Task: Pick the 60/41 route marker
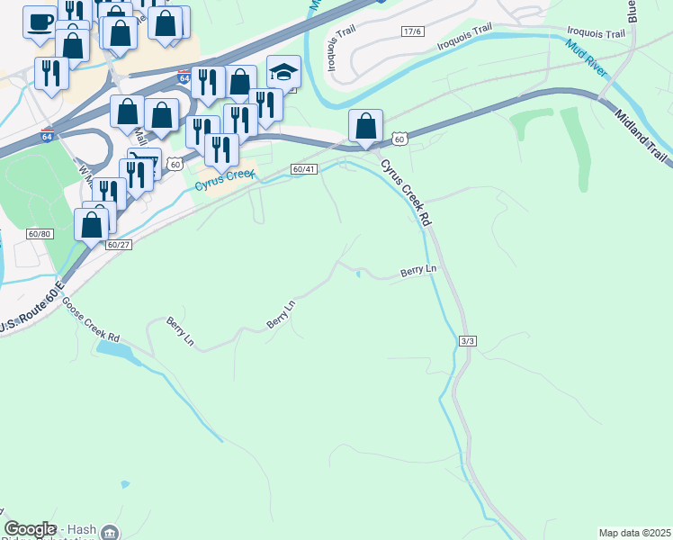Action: (304, 169)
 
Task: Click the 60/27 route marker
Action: (119, 244)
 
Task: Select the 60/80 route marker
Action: (40, 234)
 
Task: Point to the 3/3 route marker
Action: (467, 341)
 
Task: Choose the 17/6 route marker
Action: (412, 31)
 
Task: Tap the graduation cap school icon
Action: (284, 71)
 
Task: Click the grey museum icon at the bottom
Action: (109, 534)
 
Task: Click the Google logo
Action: (30, 529)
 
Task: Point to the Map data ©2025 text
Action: (634, 533)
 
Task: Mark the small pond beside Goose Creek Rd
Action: (112, 348)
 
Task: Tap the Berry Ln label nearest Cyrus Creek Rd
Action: (417, 269)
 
